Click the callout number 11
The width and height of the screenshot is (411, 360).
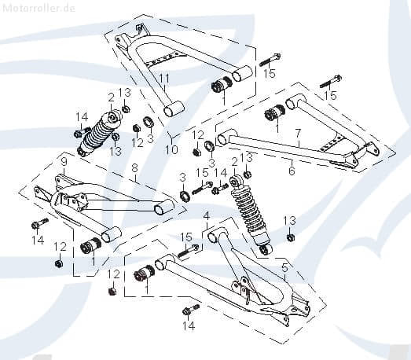point(164,78)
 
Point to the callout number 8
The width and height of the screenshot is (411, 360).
point(134,167)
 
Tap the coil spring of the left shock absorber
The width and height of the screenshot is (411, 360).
point(101,136)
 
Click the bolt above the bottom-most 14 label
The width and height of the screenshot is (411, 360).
point(189,309)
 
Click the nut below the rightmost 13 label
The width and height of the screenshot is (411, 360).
point(290,237)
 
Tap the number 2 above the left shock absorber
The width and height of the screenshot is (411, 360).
point(111,97)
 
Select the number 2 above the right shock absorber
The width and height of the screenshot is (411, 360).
point(233,162)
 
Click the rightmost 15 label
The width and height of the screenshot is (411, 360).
point(331,95)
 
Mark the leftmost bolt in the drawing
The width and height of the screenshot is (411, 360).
point(37,225)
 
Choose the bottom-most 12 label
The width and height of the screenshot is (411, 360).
point(113,274)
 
